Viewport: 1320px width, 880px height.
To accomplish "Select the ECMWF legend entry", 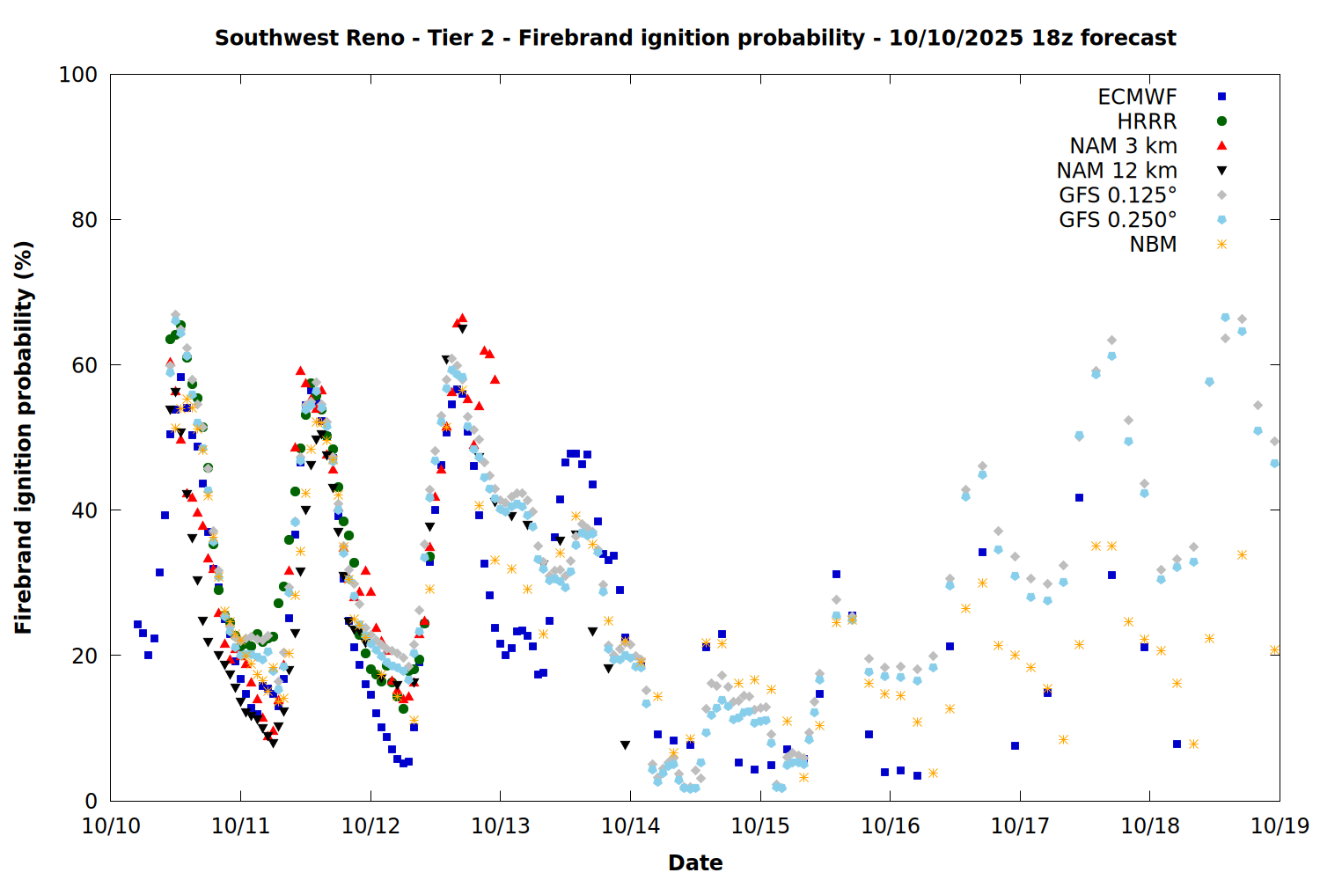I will pos(1137,97).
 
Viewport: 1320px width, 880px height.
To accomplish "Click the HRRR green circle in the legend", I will pos(1221,121).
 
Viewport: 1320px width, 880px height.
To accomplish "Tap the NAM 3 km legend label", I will pos(1123,146).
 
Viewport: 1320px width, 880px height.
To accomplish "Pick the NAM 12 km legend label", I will pos(1117,171).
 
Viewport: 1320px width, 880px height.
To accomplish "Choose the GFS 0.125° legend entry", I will pos(1118,195).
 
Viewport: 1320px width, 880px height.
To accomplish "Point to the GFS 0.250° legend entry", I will pos(1118,220).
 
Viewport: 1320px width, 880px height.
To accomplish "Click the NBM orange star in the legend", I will pos(1221,245).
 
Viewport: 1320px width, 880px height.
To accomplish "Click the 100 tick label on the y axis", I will pos(78,75).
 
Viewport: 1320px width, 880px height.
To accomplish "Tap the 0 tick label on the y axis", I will pos(91,801).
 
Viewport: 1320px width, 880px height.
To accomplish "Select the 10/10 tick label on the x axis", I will pos(111,826).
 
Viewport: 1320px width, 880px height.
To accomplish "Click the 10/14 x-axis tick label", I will pos(630,826).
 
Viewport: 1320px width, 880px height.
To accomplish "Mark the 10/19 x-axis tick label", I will pos(1280,826).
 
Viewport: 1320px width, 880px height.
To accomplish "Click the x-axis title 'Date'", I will pos(695,862).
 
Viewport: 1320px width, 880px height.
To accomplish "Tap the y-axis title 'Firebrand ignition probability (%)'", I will pos(24,437).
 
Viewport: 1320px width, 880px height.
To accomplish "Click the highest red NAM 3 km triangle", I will pos(462,318).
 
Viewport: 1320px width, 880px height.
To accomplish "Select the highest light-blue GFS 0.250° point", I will pos(1225,317).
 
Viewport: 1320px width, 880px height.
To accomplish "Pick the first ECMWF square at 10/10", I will pos(137,625).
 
